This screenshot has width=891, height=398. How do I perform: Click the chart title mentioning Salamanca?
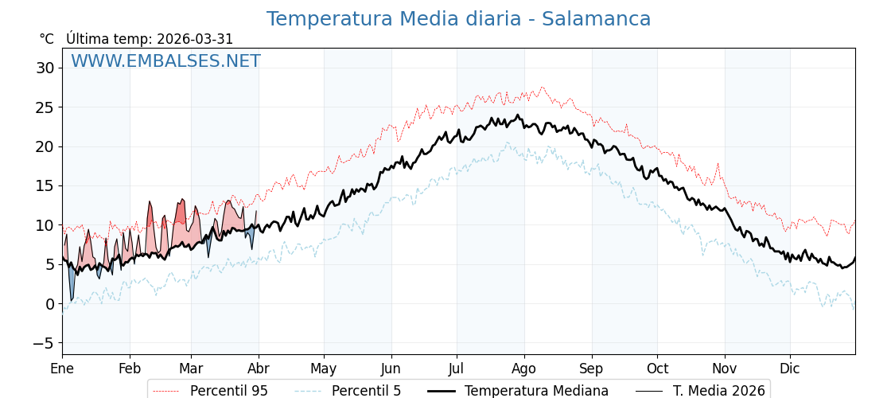coord(458,19)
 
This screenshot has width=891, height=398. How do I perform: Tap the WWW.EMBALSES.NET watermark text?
coord(165,61)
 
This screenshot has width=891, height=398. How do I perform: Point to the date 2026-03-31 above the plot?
coord(195,39)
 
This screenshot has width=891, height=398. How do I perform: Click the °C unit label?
coord(46,39)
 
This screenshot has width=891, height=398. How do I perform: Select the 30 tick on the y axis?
coord(45,68)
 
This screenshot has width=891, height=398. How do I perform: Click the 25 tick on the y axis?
coord(45,107)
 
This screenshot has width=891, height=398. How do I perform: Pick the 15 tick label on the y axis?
coord(45,185)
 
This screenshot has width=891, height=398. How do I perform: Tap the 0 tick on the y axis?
coord(49,304)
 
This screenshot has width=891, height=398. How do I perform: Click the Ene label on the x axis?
coord(62,369)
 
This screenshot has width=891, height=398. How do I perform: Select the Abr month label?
coord(259,369)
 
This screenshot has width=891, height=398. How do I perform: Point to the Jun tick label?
coord(391,369)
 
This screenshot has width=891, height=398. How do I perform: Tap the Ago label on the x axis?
coord(523,369)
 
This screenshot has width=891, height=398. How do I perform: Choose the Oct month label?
coord(657,369)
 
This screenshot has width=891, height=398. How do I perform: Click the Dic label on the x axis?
coord(790,369)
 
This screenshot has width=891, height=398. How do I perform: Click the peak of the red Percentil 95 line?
coord(543,88)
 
